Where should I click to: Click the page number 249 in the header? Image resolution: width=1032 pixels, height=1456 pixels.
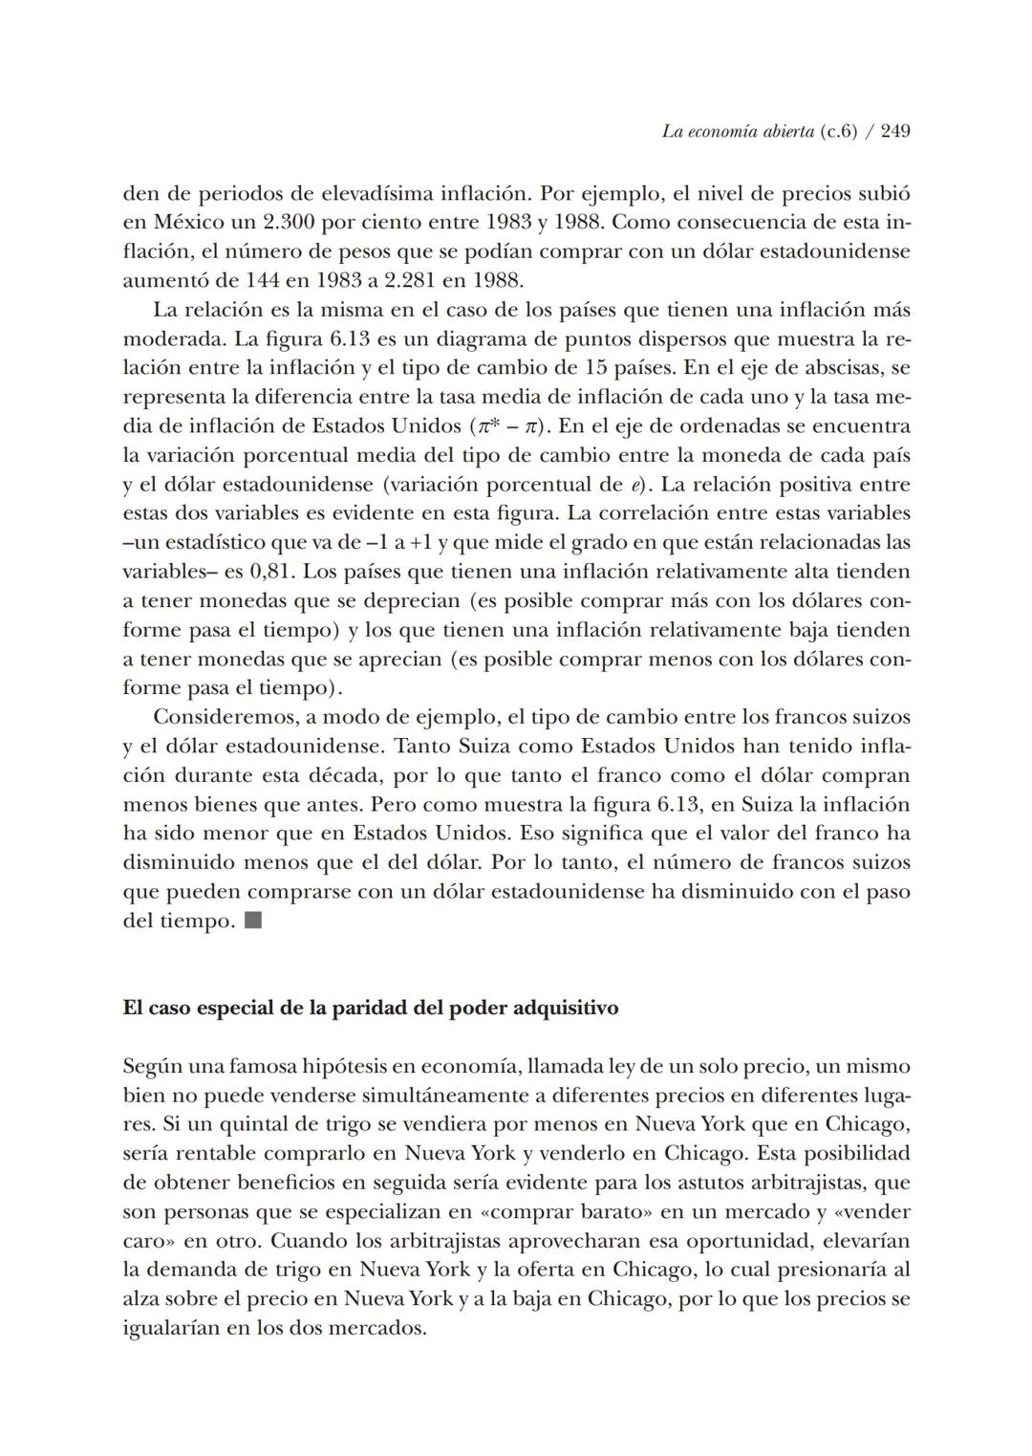point(894,131)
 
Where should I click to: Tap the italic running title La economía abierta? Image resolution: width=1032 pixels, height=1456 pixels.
point(739,131)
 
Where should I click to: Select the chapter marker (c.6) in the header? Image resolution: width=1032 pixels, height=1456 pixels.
point(838,131)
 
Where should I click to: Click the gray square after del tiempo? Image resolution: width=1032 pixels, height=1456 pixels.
point(253,922)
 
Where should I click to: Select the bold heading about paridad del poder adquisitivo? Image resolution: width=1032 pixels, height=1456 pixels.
point(370,1009)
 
